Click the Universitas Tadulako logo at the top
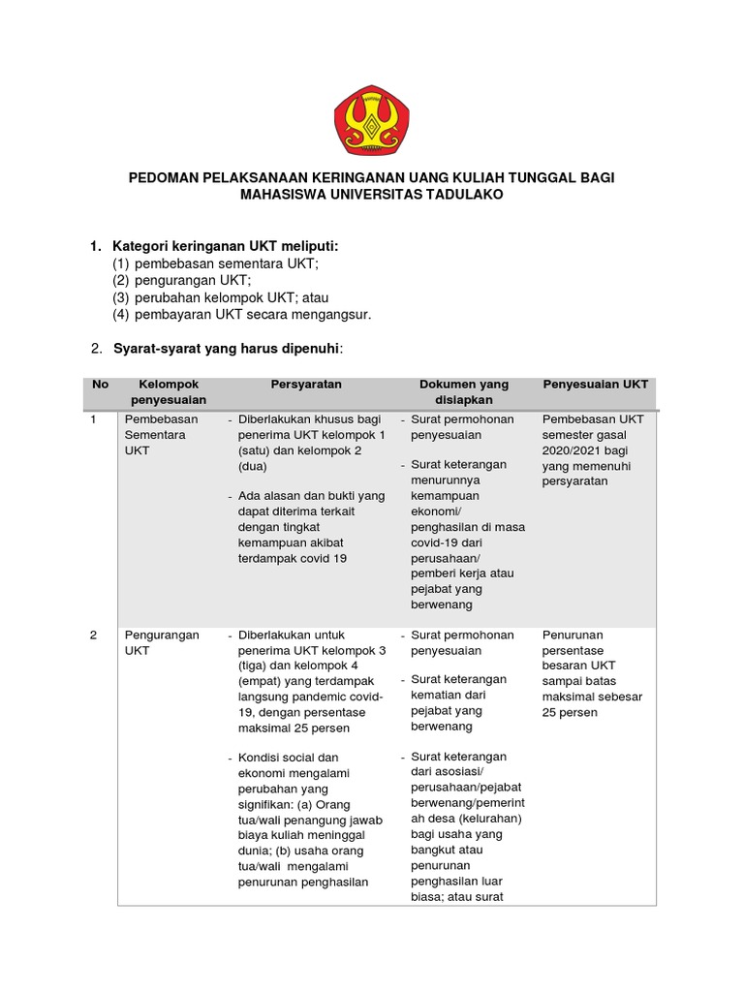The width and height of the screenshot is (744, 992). point(371,119)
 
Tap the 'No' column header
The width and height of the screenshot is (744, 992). point(100,385)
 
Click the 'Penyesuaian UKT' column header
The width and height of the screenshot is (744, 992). point(595,385)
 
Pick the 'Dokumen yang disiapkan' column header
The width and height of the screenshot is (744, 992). point(463,391)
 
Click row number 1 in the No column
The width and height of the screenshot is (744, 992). point(93,419)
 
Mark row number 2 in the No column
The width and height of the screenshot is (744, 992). point(93,635)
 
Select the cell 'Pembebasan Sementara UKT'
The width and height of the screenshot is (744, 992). point(161,435)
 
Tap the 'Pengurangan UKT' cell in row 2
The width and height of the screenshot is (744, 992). point(161,643)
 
